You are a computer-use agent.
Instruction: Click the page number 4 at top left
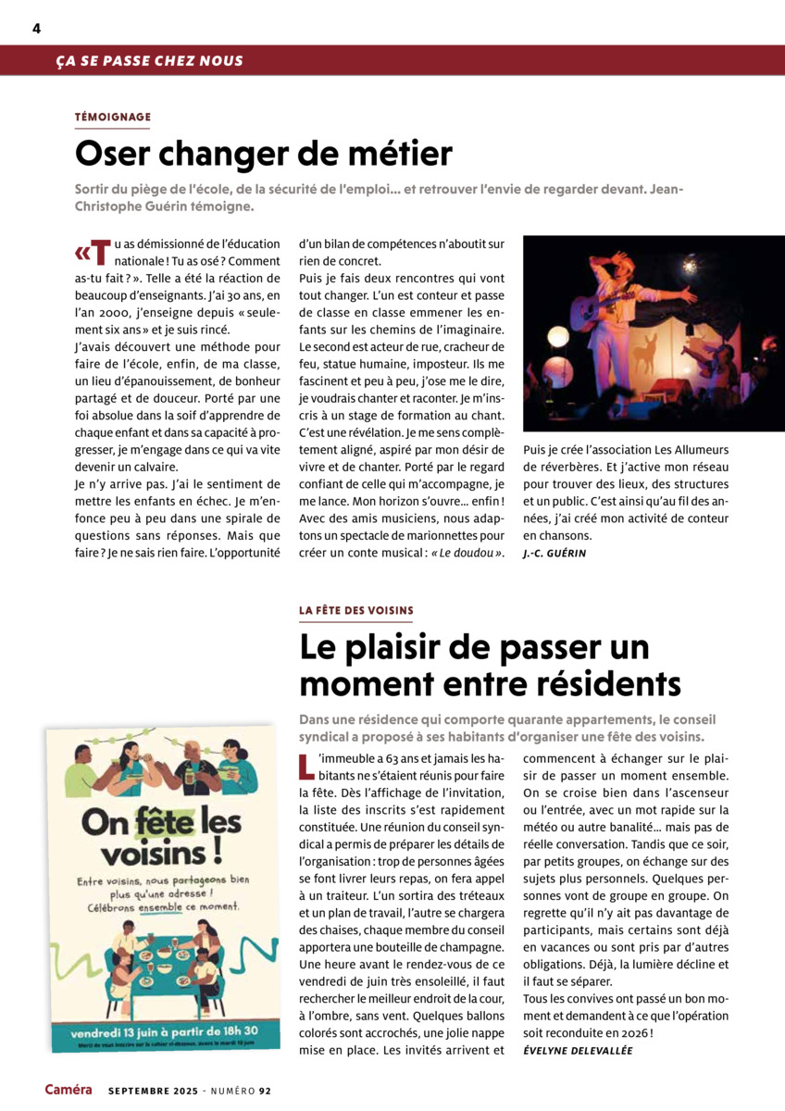point(36,28)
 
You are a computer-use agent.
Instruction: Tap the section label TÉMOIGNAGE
point(112,117)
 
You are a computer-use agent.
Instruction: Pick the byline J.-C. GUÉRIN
point(554,553)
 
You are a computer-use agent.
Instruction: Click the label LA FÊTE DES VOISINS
point(356,610)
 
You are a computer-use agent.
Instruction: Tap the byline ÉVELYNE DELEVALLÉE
point(578,1050)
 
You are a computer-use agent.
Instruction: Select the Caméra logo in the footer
point(69,1090)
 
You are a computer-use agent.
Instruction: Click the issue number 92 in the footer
point(265,1091)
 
